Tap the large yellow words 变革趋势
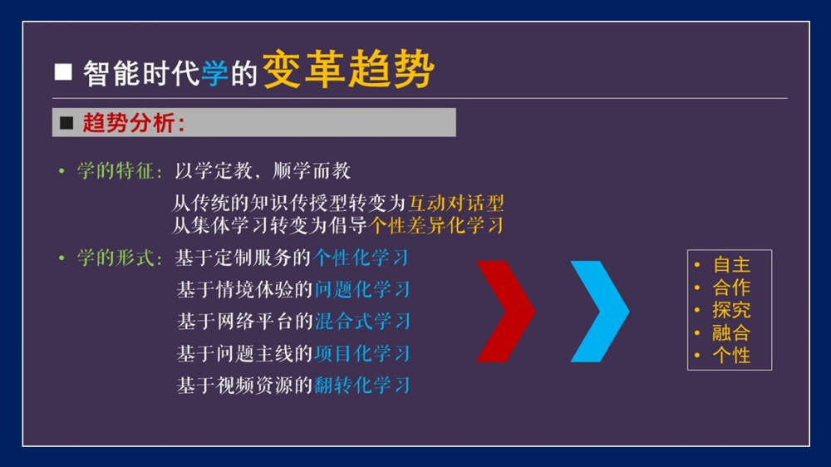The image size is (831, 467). click(x=348, y=70)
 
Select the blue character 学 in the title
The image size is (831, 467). click(x=214, y=72)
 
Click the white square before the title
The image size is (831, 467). click(x=63, y=72)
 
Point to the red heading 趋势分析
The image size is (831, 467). click(x=130, y=123)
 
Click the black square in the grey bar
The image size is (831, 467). click(x=66, y=123)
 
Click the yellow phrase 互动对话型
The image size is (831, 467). click(x=455, y=203)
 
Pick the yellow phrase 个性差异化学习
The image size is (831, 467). click(x=435, y=225)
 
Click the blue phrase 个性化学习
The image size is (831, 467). click(x=361, y=258)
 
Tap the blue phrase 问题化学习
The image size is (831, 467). click(x=362, y=289)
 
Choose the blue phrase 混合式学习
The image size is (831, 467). click(x=362, y=322)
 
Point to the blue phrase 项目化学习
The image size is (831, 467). click(x=361, y=353)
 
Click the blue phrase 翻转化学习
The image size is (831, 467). click(x=361, y=386)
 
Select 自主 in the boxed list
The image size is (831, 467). click(x=731, y=264)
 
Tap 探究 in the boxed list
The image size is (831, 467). click(x=731, y=310)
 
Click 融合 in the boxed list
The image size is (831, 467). click(x=731, y=333)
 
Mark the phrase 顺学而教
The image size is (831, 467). click(x=312, y=170)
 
